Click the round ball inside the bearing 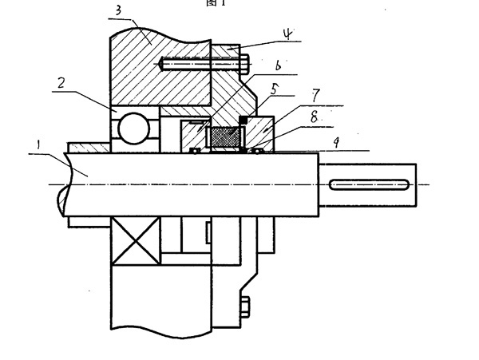pyautogui.click(x=132, y=127)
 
